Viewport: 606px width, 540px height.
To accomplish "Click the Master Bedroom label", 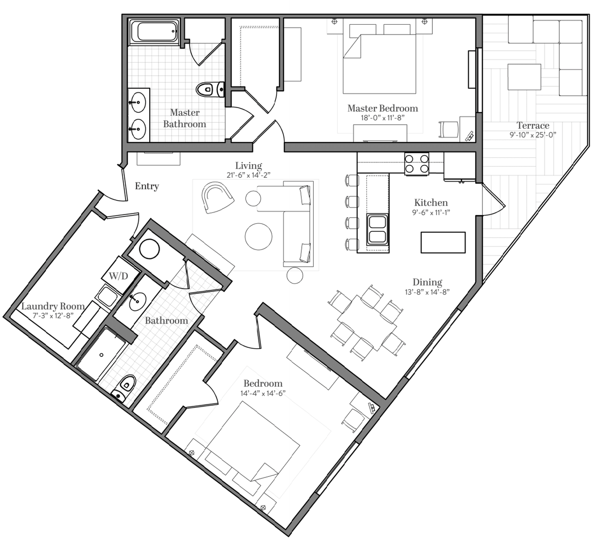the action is (x=383, y=108).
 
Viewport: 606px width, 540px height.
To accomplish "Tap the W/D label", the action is (x=119, y=276).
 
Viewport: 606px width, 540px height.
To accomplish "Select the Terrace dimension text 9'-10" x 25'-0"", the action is (x=533, y=135).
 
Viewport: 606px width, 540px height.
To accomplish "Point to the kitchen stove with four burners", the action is (x=416, y=164).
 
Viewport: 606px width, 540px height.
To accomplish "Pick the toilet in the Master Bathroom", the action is (x=210, y=89).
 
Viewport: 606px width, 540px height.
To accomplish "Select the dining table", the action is (x=366, y=322).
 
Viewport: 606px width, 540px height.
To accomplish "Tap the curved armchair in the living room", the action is (x=217, y=197).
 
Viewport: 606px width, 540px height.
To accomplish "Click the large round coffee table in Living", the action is (x=258, y=237).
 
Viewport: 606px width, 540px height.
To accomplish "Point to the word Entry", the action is (x=147, y=186).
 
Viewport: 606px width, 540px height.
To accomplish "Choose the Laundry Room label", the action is (x=53, y=306).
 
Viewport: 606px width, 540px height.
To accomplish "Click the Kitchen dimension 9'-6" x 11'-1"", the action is (x=431, y=213).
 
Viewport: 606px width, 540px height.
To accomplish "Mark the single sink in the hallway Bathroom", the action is (x=138, y=301).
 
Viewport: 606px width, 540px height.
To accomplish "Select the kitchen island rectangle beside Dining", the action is (x=443, y=243).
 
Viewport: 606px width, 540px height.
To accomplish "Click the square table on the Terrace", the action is (x=524, y=77).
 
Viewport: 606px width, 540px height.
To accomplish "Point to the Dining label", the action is (x=427, y=282).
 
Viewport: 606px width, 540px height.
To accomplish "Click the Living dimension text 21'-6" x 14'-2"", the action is (x=248, y=175).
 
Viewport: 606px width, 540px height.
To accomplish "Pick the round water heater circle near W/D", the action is (x=150, y=249).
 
